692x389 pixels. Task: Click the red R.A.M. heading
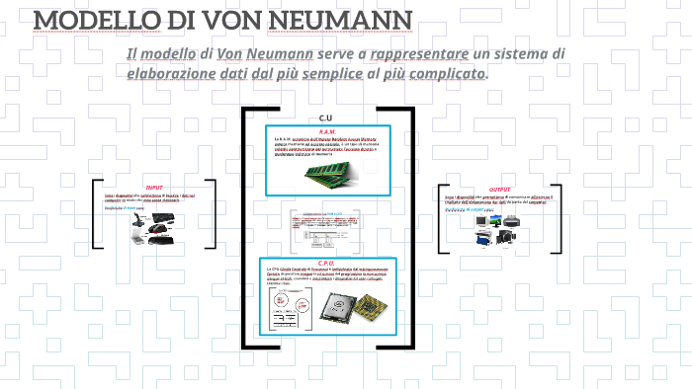(327, 131)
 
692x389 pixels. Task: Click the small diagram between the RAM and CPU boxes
(327, 232)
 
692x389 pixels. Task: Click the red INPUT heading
(154, 188)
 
